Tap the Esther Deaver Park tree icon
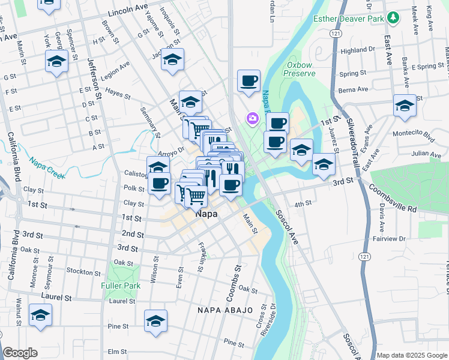click(x=394, y=18)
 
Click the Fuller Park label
click(x=121, y=286)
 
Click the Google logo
click(x=20, y=353)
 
